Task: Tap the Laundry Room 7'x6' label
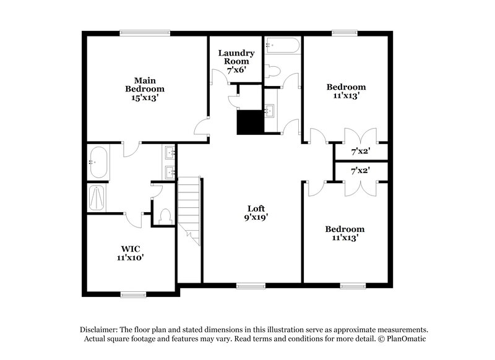[x=234, y=61]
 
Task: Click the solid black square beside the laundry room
[x=249, y=122]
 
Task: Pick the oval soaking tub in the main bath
[x=98, y=163]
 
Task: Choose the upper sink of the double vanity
[x=171, y=152]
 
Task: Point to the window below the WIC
[x=132, y=294]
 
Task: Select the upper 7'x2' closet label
[x=360, y=151]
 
